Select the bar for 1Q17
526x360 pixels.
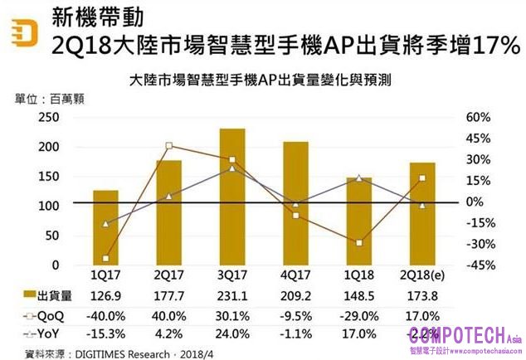pos(105,227)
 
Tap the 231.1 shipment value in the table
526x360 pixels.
pos(232,296)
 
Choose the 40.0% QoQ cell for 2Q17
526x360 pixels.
pos(168,315)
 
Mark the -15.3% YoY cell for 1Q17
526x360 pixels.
pos(105,333)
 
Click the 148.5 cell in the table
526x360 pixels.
pos(359,296)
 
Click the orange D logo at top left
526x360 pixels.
pos(22,32)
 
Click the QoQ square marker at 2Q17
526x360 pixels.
pos(168,146)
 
